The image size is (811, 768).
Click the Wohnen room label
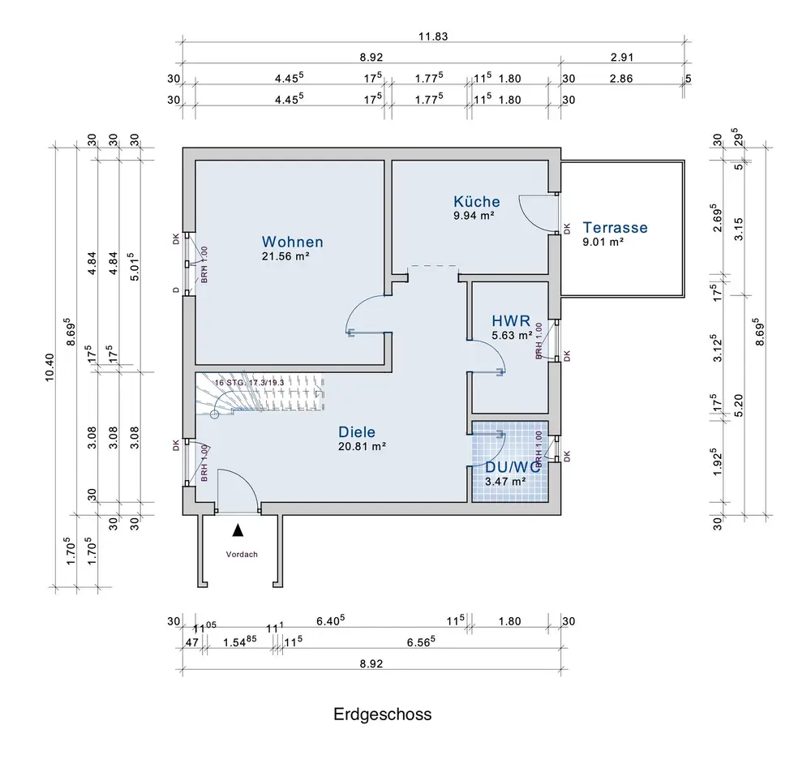[292, 242]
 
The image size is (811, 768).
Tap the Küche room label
[477, 201]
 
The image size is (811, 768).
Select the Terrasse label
[615, 228]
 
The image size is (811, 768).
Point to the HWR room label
[510, 320]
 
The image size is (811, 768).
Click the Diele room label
[357, 432]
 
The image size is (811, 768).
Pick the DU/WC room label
[512, 467]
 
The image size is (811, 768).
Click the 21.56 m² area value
[285, 255]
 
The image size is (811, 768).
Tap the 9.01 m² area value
[603, 241]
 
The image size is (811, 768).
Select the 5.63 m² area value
[512, 334]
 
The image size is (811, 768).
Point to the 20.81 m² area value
[362, 446]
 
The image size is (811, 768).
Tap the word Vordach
[241, 556]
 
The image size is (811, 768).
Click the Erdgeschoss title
[383, 714]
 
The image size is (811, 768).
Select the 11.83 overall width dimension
[433, 36]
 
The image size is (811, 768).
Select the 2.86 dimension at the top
[621, 79]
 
